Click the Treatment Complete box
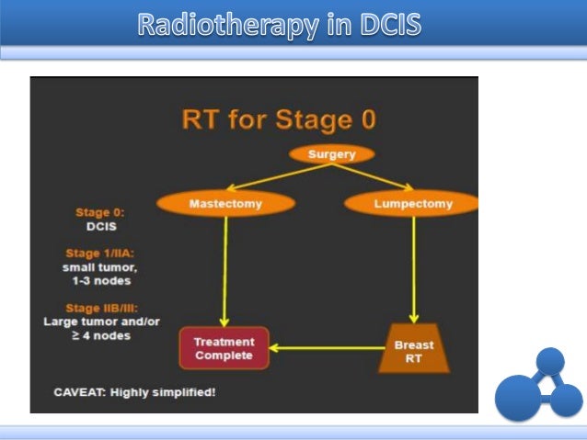tap(224, 348)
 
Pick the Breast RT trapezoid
tap(414, 348)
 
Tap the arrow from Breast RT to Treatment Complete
tap(327, 348)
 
